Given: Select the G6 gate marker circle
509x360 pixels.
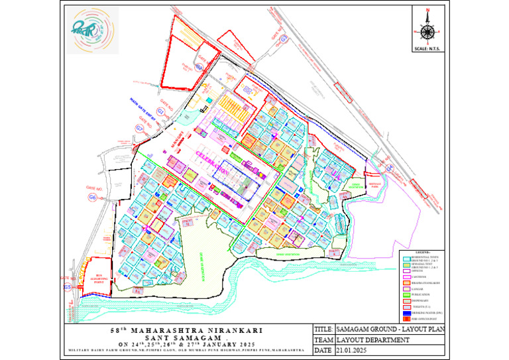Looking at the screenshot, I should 92,198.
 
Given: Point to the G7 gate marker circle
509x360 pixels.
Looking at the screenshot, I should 139,127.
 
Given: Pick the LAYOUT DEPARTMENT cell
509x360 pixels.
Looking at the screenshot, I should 370,339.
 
